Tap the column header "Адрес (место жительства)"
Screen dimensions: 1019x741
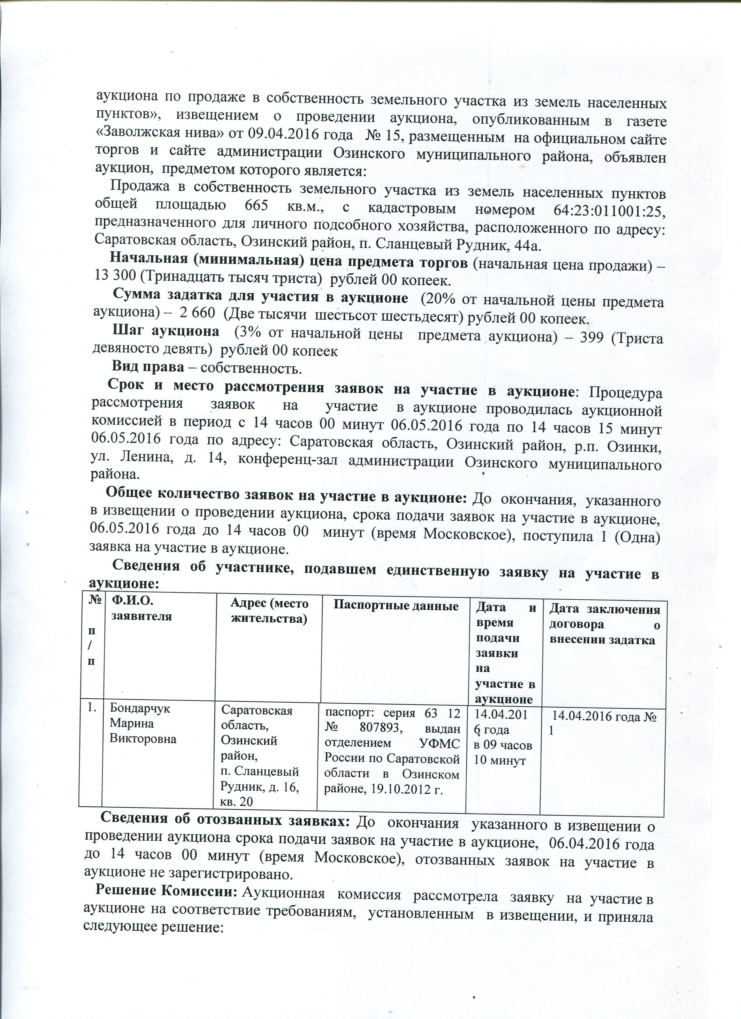click(x=270, y=612)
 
